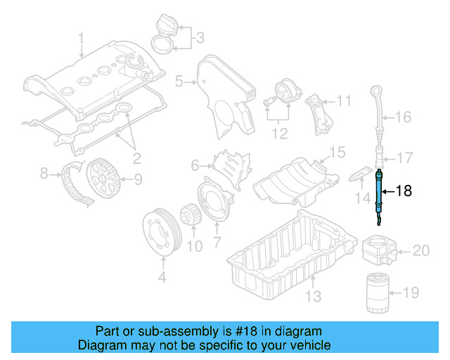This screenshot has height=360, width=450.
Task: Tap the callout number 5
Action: click(x=179, y=82)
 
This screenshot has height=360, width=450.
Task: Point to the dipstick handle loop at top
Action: click(x=378, y=93)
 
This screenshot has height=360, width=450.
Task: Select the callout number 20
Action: click(x=420, y=250)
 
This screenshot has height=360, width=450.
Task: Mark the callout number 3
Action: click(x=199, y=37)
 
